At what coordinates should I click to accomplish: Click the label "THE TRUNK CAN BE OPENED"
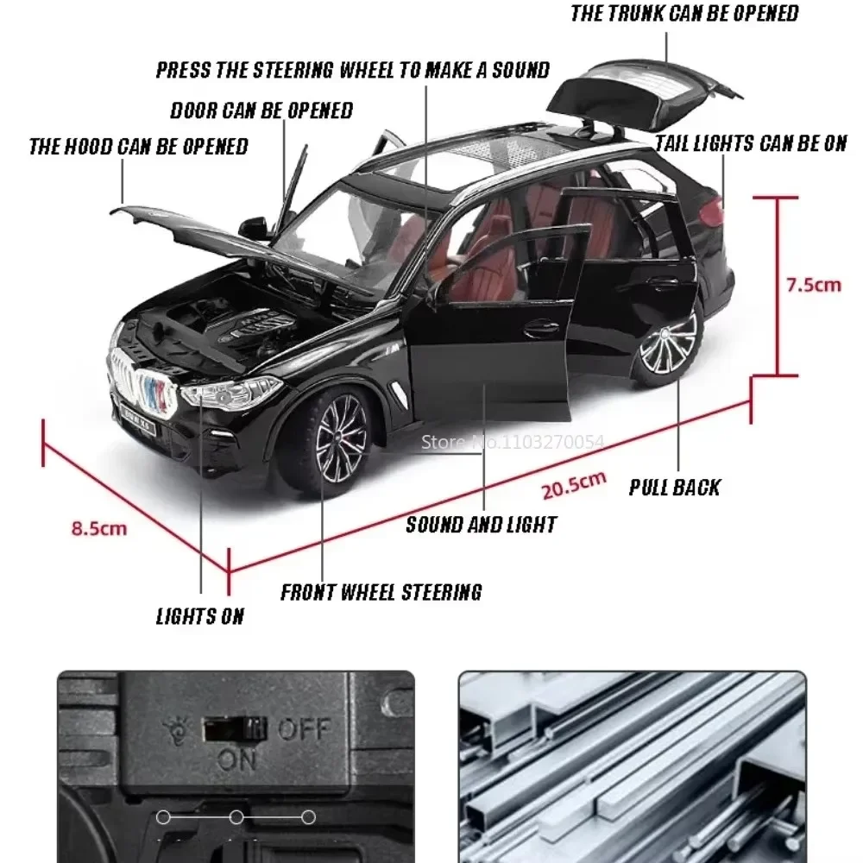coord(684,14)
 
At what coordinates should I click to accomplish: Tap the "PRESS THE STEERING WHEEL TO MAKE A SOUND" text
coord(352,70)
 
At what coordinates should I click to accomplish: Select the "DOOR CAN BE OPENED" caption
coord(261,110)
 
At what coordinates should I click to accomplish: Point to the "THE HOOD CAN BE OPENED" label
coord(138,146)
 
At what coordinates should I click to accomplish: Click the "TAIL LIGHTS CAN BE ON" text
coord(751,143)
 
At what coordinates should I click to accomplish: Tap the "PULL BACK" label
coord(674,488)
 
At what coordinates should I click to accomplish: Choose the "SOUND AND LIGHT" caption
coord(481,524)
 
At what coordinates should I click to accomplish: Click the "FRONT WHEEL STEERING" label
coord(381,592)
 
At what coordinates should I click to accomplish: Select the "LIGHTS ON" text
coord(199,616)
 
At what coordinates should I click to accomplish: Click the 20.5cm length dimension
coord(574,486)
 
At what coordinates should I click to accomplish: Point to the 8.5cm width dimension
coord(98,528)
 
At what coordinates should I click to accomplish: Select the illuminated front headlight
coord(229,394)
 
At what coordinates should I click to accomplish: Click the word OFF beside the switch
coord(304,730)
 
